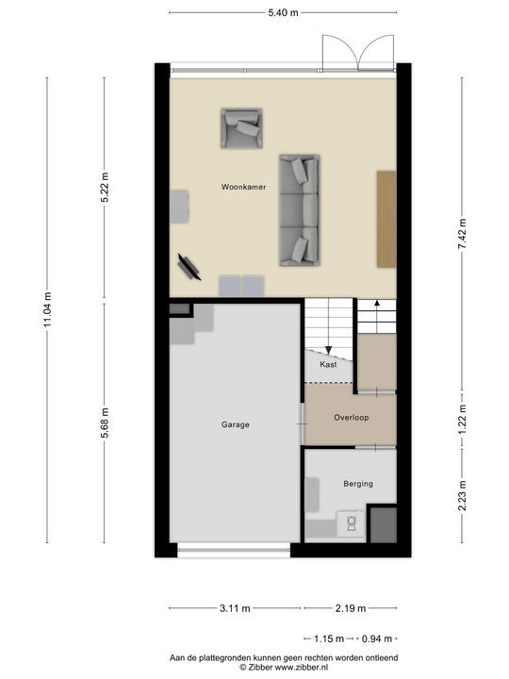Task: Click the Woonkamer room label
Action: coord(243,187)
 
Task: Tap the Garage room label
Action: coord(236,425)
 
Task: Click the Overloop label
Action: coord(351,417)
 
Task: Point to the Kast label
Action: coord(328,364)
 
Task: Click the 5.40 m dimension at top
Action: coord(283,12)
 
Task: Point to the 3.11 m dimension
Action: coord(236,608)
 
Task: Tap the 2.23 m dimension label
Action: coord(462,495)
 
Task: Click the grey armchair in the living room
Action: coord(242,128)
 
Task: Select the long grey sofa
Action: coord(299,210)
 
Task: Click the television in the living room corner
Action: coord(189,265)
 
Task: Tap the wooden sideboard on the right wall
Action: coord(386,219)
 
